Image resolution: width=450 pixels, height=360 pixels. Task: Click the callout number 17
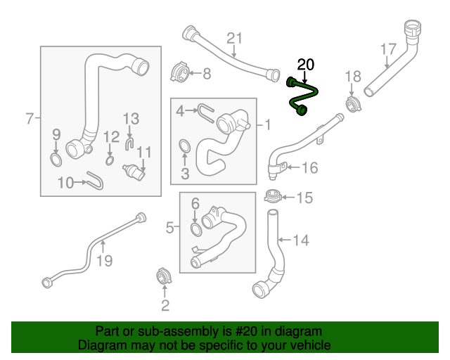(388, 49)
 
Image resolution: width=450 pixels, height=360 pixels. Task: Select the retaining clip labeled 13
(129, 143)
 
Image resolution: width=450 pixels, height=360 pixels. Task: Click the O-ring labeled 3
(184, 147)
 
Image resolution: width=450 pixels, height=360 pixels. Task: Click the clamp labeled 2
(163, 277)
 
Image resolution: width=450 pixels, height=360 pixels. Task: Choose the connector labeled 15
(274, 197)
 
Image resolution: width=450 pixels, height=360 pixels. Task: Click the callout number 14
(300, 240)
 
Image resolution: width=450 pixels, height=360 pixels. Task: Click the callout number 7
(29, 119)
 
